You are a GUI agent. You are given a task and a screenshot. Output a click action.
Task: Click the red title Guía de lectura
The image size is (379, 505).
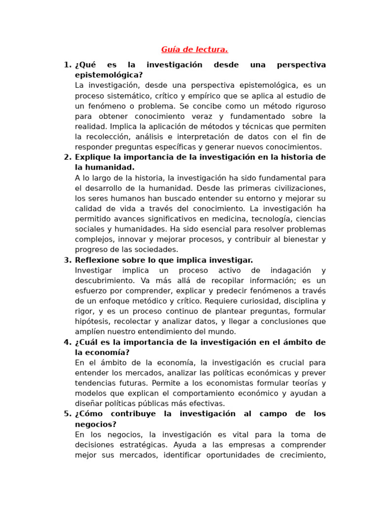click(x=194, y=49)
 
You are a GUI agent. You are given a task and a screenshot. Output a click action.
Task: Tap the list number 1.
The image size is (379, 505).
click(x=68, y=65)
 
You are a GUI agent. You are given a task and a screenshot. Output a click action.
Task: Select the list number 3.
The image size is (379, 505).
click(x=68, y=260)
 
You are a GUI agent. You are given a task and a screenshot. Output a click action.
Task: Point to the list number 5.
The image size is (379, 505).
click(x=68, y=414)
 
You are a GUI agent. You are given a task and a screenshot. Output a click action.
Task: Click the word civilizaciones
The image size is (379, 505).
click(x=295, y=188)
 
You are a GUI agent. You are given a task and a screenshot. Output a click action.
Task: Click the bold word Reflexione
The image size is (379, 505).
click(x=97, y=260)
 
